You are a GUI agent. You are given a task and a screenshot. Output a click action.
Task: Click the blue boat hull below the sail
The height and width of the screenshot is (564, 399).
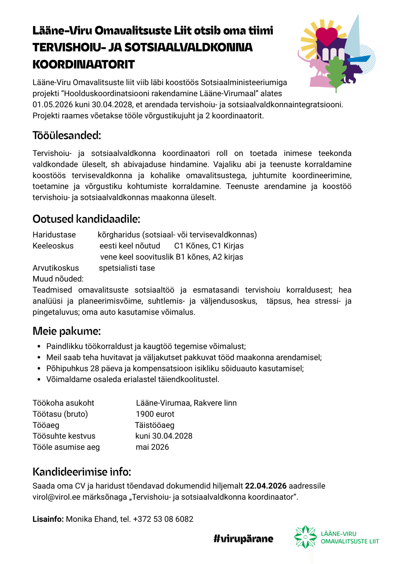click(359, 59)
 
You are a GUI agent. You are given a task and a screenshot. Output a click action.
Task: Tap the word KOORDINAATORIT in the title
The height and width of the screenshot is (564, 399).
click(84, 65)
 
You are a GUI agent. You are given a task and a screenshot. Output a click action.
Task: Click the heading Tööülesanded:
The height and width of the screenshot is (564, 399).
click(67, 135)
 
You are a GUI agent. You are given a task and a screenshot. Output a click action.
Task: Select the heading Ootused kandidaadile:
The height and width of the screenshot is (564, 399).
click(86, 219)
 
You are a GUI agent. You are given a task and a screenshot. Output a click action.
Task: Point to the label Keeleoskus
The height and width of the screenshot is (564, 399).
click(53, 246)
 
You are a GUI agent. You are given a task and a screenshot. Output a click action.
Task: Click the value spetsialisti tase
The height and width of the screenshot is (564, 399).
click(127, 268)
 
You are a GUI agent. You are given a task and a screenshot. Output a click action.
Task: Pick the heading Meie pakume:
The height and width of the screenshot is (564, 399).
click(67, 331)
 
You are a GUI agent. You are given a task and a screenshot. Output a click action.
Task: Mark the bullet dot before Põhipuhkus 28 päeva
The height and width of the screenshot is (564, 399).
click(39, 369)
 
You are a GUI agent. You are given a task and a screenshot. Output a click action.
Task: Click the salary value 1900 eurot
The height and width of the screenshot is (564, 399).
click(155, 414)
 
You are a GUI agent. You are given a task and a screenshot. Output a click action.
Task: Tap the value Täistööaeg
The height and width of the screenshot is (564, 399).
click(155, 425)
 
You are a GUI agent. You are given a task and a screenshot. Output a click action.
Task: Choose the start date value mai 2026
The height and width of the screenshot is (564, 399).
click(152, 447)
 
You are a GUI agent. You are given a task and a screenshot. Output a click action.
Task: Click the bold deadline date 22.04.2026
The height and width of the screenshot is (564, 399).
click(265, 486)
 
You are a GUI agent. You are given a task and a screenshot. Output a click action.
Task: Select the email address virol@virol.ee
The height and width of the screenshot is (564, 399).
click(56, 497)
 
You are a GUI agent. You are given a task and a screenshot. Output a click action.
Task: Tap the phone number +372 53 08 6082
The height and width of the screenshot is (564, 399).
click(163, 519)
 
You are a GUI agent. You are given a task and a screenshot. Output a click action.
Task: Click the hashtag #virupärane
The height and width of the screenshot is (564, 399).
click(243, 539)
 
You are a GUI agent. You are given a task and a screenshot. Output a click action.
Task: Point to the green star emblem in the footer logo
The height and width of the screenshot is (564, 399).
click(305, 537)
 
